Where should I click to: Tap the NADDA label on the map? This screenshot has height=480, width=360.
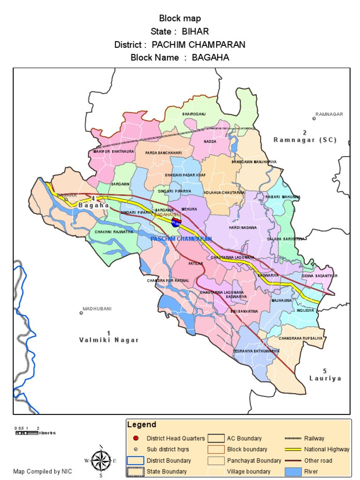(210, 141)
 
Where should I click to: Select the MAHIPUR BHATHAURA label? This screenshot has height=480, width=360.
(114, 152)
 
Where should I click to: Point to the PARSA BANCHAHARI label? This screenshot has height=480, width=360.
(163, 153)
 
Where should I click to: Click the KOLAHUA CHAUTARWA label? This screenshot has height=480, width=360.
(224, 193)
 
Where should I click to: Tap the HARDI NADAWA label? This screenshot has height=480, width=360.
(243, 227)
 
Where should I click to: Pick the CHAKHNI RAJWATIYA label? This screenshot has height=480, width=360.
(114, 232)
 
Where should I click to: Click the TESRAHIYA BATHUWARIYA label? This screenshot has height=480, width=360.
(256, 351)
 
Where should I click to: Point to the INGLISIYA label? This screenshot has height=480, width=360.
(305, 310)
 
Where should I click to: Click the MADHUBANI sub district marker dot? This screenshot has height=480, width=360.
(81, 313)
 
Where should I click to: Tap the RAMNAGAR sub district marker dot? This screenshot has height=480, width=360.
(314, 119)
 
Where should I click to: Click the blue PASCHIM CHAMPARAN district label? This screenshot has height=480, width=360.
(181, 239)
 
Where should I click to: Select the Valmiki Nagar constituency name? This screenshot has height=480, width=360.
(109, 340)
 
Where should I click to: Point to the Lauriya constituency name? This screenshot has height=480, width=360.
(325, 378)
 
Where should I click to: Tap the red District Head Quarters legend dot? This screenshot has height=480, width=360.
(136, 438)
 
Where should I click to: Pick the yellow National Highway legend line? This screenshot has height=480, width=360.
(293, 449)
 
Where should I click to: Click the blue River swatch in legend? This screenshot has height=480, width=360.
(293, 471)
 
